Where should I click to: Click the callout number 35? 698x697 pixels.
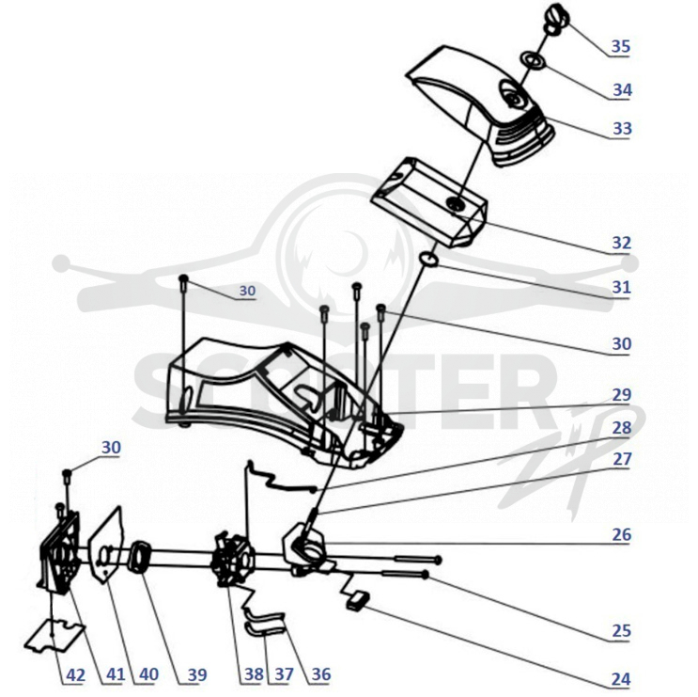coord(621,46)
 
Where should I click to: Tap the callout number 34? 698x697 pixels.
coord(622,90)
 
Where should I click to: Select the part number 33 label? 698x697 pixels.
coord(622,128)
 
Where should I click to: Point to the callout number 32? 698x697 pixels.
coord(621,243)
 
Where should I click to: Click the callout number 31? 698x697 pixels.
coord(621,288)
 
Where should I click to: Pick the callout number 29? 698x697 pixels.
coord(621,395)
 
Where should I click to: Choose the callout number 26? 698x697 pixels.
coord(621,534)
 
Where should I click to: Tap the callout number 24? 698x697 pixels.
coord(621,679)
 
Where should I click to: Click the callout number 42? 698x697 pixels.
coord(76,675)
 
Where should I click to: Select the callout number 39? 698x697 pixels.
coord(197,675)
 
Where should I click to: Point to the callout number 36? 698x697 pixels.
coord(321,674)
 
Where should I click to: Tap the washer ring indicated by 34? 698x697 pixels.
coord(533,59)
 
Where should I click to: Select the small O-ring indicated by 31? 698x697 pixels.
coord(429,260)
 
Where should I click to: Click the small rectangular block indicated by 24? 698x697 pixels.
coord(358,598)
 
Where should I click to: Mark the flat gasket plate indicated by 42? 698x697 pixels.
coord(54,635)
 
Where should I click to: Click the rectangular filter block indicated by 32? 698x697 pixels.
coord(429,200)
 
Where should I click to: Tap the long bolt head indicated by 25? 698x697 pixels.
coord(426,575)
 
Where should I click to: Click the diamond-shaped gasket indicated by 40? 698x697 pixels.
coord(107,545)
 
